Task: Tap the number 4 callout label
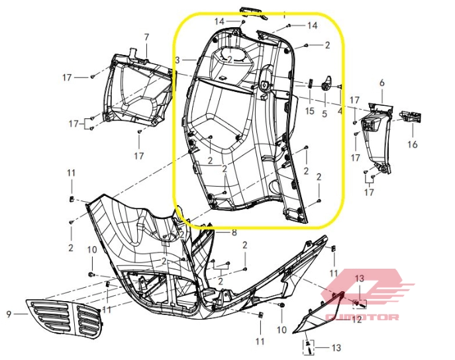[340, 112]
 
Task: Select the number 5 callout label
[325, 113]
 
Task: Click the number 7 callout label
[147, 36]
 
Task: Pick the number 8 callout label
[234, 232]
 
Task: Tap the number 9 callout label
[9, 314]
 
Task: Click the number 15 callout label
[309, 111]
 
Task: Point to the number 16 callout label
[412, 144]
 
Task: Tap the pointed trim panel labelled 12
[317, 315]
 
